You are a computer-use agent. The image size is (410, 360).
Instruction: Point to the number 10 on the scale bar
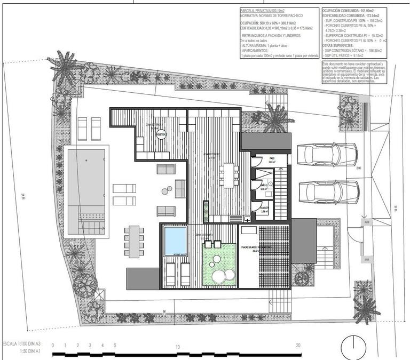(178, 346)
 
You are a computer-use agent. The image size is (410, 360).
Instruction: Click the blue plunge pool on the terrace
(175, 241)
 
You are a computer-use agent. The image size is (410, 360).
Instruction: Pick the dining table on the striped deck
(228, 175)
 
